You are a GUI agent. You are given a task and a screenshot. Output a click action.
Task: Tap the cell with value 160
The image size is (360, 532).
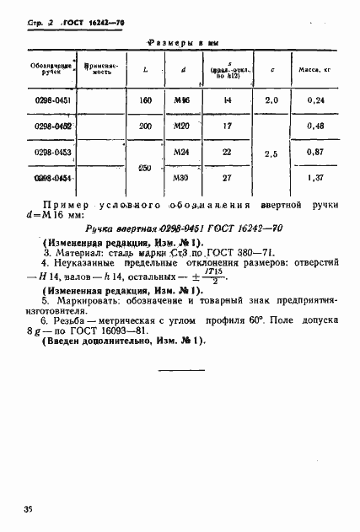click(x=144, y=99)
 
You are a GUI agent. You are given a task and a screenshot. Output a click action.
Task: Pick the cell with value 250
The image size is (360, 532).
click(x=144, y=168)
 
